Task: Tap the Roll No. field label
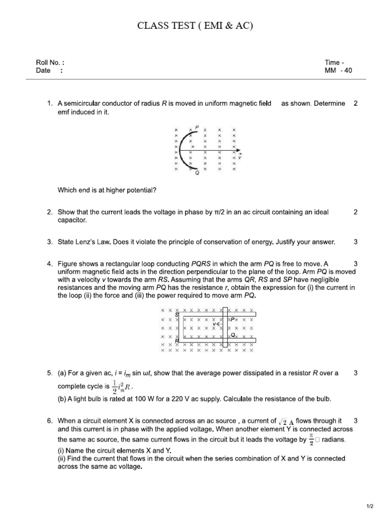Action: point(50,63)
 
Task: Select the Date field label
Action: point(43,71)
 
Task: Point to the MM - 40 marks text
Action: point(338,71)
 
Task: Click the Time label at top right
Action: point(334,63)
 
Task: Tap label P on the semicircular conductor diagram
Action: point(197,126)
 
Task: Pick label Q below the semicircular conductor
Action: point(197,173)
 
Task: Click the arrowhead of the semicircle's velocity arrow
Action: point(240,151)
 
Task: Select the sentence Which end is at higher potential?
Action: point(107,190)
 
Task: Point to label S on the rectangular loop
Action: point(176,315)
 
